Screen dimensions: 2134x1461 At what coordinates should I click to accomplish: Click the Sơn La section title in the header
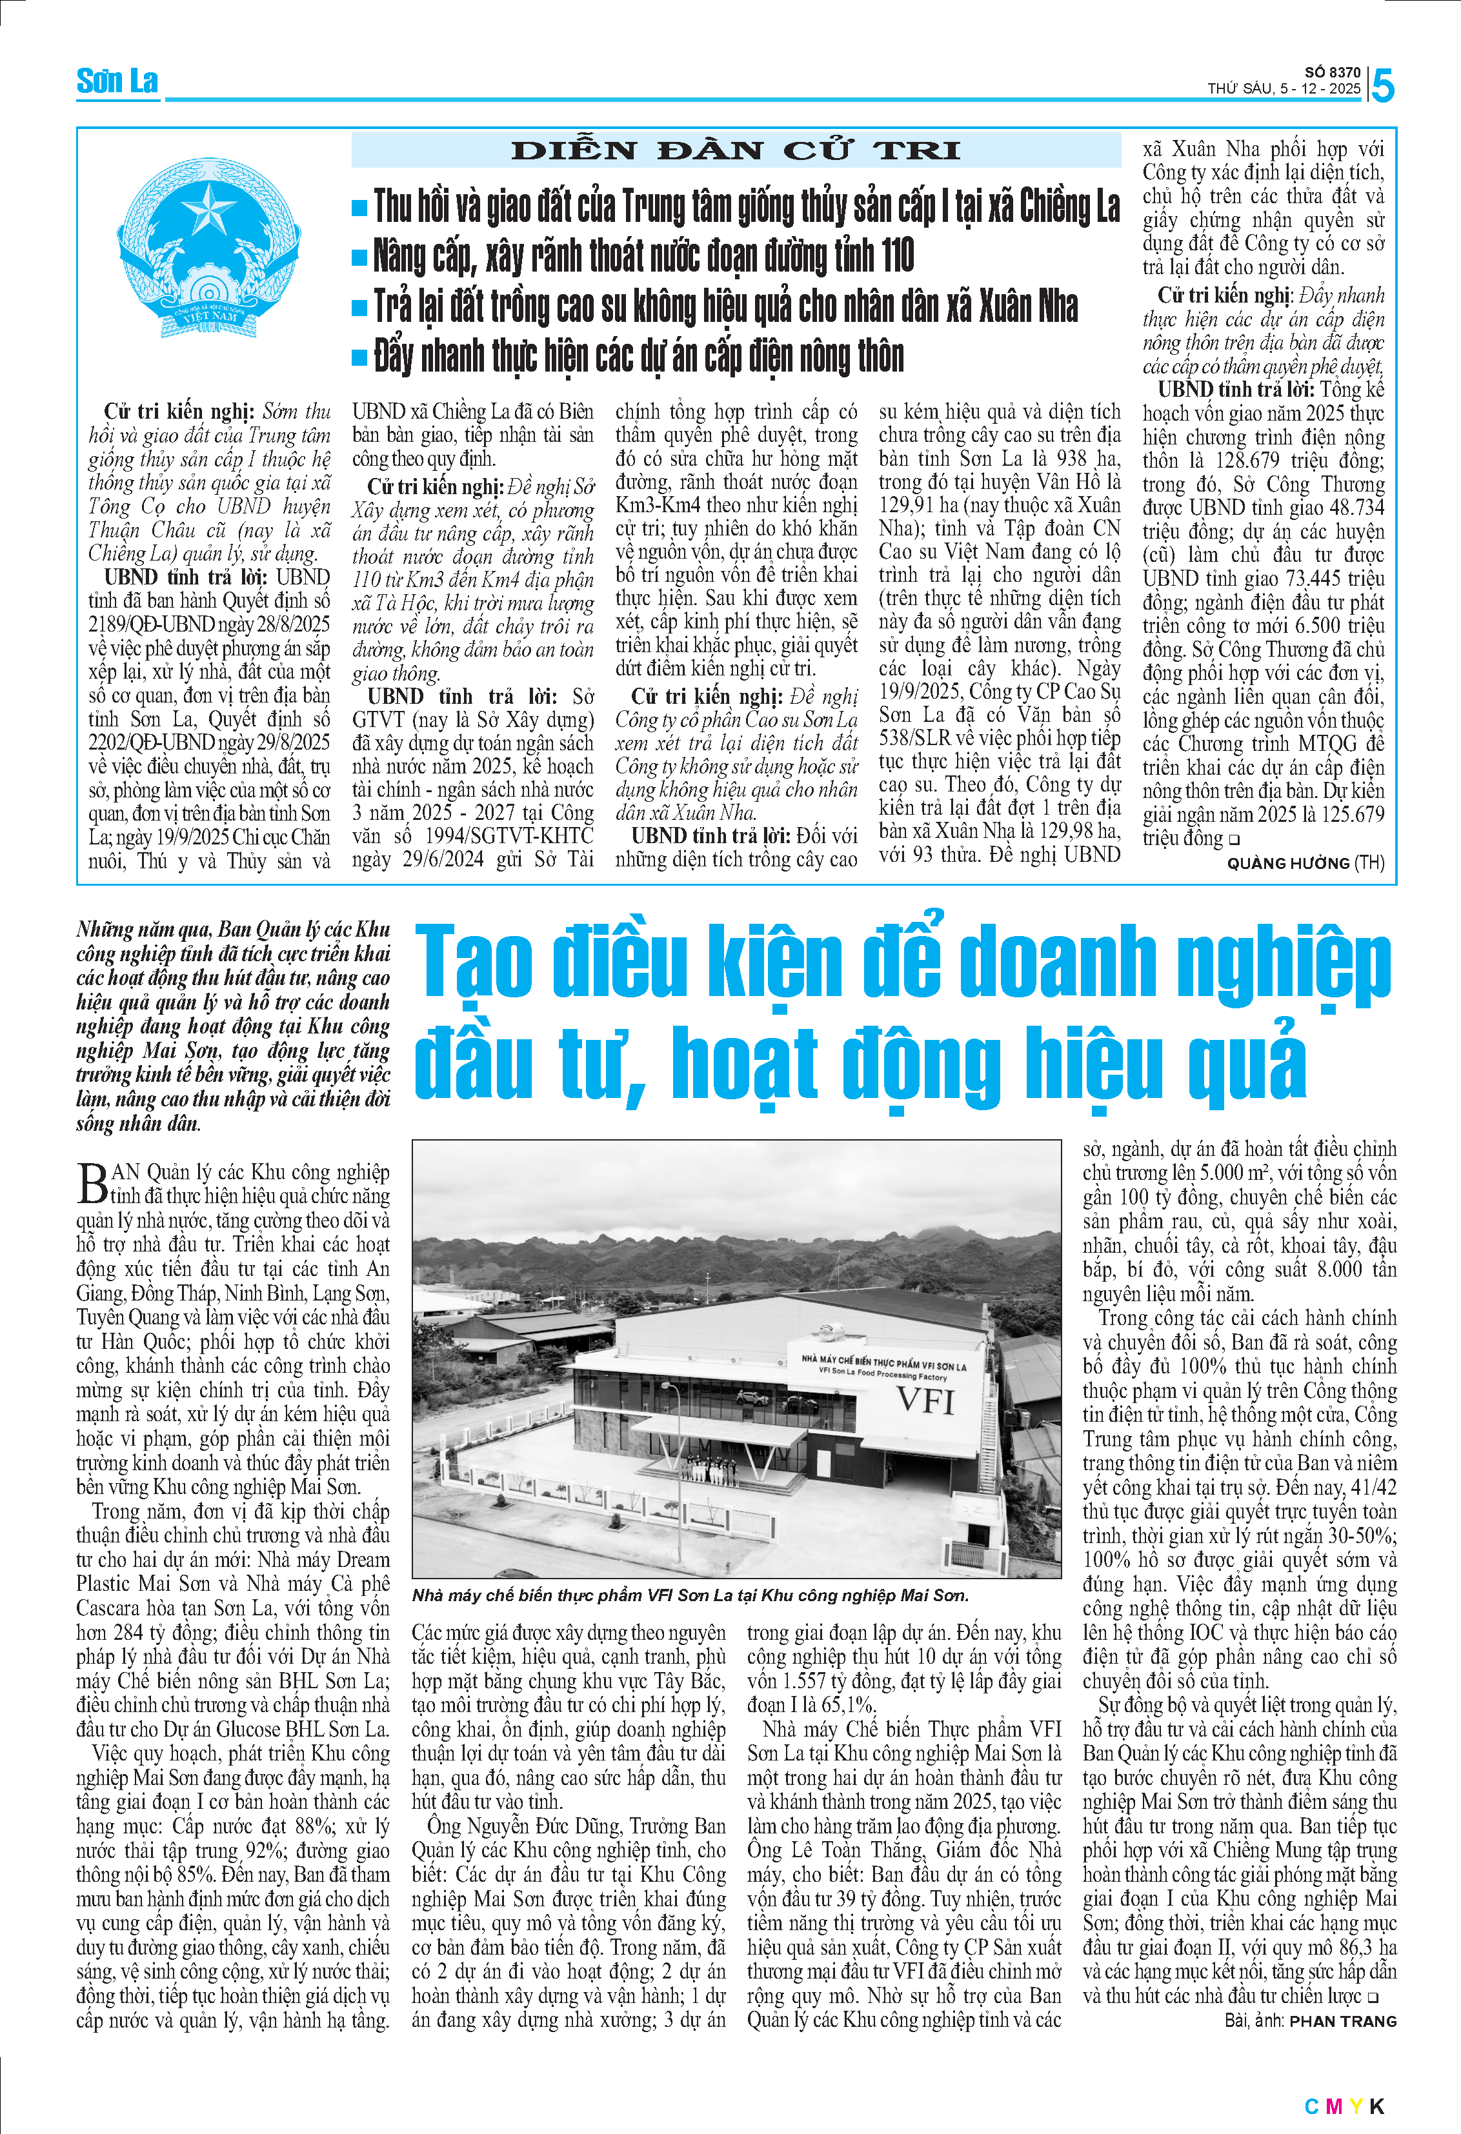(x=117, y=82)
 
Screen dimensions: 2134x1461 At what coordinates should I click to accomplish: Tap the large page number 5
(x=1382, y=86)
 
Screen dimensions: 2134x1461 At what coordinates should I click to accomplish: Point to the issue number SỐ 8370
(x=1333, y=72)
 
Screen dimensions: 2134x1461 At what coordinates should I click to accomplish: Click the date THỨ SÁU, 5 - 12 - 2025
(x=1283, y=89)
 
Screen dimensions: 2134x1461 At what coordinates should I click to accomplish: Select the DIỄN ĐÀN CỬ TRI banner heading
(x=736, y=150)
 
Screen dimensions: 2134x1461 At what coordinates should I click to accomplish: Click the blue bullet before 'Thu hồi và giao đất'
(x=360, y=208)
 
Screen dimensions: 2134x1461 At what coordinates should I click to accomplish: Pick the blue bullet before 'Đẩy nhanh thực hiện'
(x=360, y=357)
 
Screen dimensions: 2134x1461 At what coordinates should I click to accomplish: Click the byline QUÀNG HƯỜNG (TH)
(x=1305, y=863)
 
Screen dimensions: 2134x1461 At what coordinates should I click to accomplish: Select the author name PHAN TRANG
(x=1342, y=2021)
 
